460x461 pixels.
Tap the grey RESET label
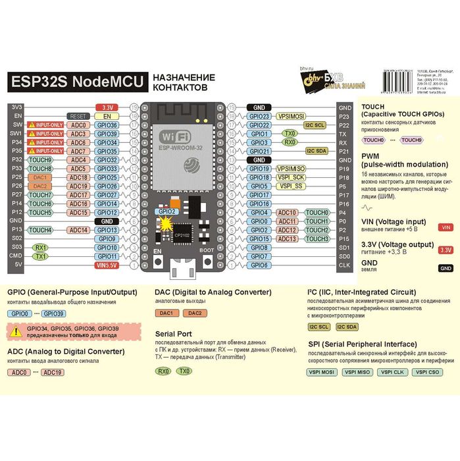click(78, 116)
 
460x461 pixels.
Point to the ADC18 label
click(78, 177)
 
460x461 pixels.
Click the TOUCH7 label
click(41, 195)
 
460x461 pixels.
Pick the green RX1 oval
click(41, 248)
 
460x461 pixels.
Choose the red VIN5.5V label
click(106, 265)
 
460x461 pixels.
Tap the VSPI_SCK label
click(291, 177)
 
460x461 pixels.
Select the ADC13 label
click(288, 239)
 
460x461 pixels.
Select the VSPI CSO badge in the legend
click(428, 372)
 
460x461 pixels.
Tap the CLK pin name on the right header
click(344, 265)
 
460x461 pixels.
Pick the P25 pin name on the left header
click(17, 177)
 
